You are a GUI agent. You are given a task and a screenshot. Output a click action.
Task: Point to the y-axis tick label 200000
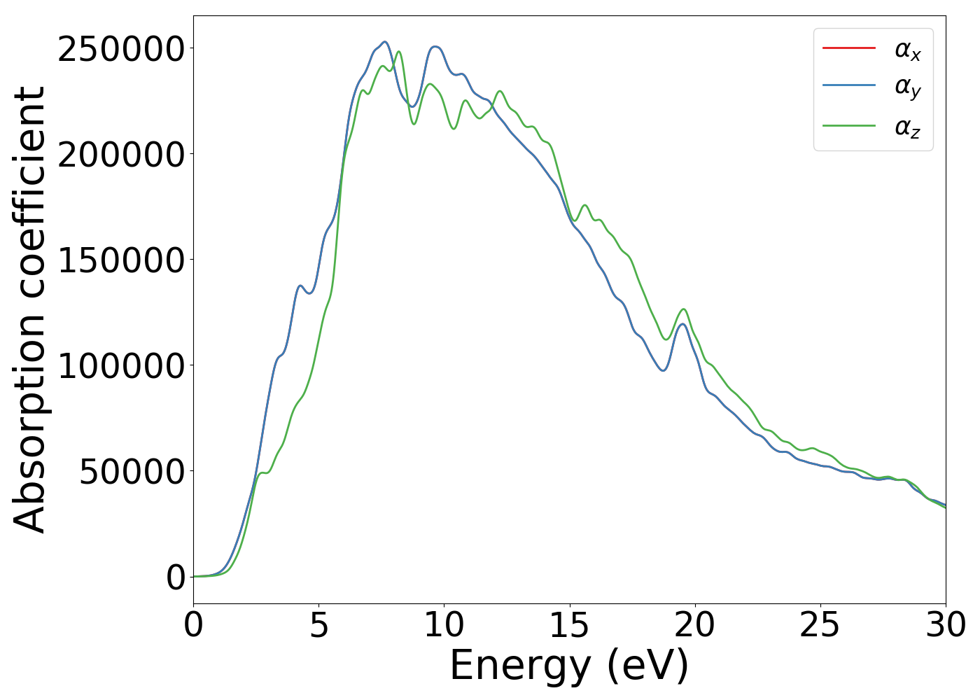[121, 155]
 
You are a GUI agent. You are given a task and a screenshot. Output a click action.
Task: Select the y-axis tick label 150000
[121, 260]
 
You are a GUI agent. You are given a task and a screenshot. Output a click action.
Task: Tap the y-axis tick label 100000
[121, 366]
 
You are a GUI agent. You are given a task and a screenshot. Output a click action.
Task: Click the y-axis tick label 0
[176, 577]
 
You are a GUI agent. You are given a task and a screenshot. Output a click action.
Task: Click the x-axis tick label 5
[318, 625]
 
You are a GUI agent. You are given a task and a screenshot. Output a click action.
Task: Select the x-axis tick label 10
[444, 625]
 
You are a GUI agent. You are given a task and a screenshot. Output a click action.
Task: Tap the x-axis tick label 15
[569, 625]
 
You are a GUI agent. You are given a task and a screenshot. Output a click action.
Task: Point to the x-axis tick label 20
[694, 625]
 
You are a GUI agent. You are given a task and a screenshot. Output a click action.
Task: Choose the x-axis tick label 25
[820, 625]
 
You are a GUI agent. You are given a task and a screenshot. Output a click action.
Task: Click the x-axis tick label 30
[945, 625]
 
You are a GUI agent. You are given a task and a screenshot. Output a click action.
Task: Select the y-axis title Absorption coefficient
[30, 309]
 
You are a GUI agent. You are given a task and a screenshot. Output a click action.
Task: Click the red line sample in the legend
[848, 48]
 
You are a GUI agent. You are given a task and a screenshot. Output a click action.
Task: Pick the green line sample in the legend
[848, 126]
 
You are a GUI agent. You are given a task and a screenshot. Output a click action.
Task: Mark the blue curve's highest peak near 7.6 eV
[384, 42]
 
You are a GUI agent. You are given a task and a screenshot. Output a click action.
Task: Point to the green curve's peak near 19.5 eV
[683, 309]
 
